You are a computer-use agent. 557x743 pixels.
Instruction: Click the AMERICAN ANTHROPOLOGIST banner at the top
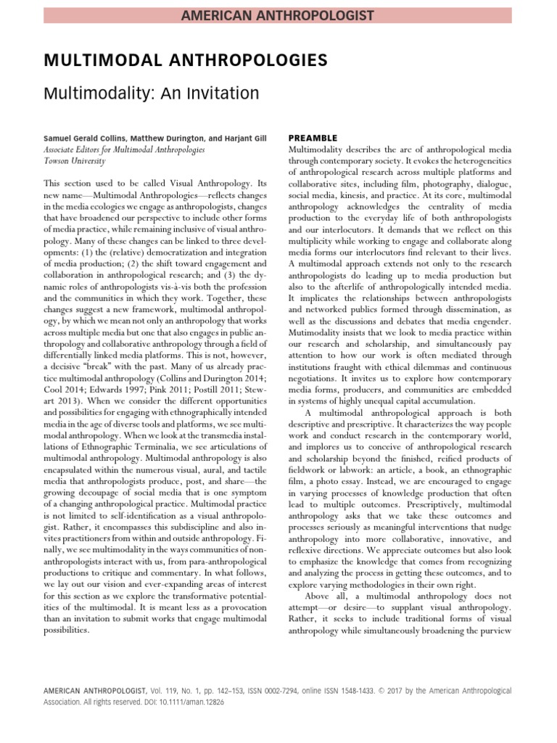tap(278, 15)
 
